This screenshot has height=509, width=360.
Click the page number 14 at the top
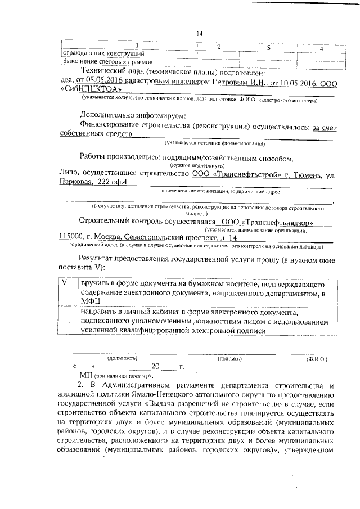[199, 34]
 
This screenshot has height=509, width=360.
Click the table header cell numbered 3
[269, 48]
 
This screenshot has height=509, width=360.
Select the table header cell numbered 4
[320, 49]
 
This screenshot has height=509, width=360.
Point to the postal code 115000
[71, 238]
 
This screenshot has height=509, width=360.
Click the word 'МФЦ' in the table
[91, 301]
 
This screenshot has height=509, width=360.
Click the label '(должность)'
[123, 358]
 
